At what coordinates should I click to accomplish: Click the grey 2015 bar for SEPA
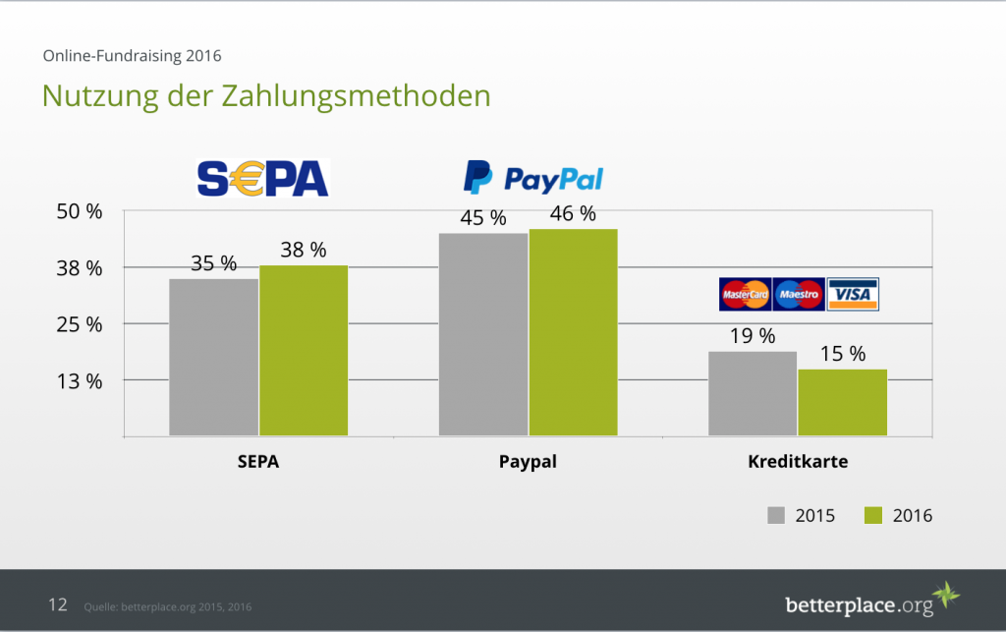(x=213, y=357)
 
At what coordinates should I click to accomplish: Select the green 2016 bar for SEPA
(x=304, y=350)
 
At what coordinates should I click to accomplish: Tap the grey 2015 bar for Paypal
(x=483, y=334)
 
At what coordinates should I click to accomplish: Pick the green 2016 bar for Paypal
(x=573, y=332)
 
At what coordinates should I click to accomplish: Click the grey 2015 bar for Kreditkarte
(x=753, y=393)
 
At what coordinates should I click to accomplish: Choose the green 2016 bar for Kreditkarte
(x=842, y=402)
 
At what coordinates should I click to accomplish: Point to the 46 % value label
(x=573, y=213)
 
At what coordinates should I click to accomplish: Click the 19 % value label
(x=753, y=336)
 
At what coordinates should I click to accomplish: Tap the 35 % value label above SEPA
(x=213, y=263)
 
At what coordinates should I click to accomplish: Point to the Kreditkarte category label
(x=797, y=462)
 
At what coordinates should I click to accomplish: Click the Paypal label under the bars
(x=528, y=462)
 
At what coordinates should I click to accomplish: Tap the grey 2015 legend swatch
(x=776, y=515)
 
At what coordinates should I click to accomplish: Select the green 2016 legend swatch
(x=873, y=515)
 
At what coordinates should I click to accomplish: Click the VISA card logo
(x=853, y=294)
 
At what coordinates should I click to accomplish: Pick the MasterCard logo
(x=746, y=294)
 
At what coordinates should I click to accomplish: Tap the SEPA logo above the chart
(x=262, y=178)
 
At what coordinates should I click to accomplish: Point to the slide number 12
(x=58, y=604)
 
